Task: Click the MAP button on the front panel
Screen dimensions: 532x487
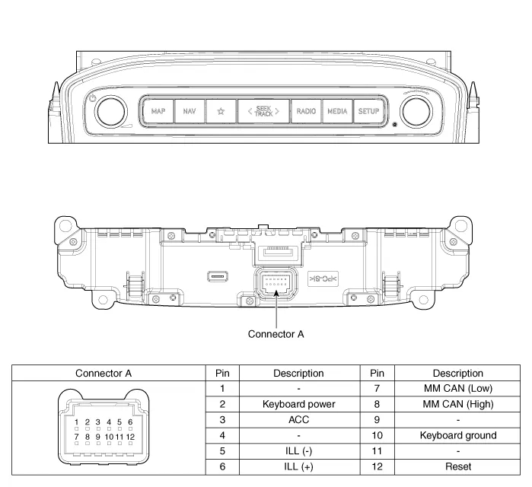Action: click(x=158, y=111)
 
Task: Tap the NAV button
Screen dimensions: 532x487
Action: click(x=190, y=111)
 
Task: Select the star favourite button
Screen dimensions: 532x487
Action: click(x=221, y=111)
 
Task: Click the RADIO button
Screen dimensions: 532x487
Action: click(x=306, y=111)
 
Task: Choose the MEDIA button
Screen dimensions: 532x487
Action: click(x=337, y=111)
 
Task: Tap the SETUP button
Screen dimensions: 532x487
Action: click(x=368, y=111)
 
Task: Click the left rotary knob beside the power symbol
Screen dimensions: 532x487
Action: click(x=111, y=112)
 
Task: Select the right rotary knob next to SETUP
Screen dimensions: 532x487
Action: click(x=416, y=112)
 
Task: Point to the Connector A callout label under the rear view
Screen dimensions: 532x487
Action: click(x=276, y=334)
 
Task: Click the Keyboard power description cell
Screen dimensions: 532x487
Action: click(x=299, y=404)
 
